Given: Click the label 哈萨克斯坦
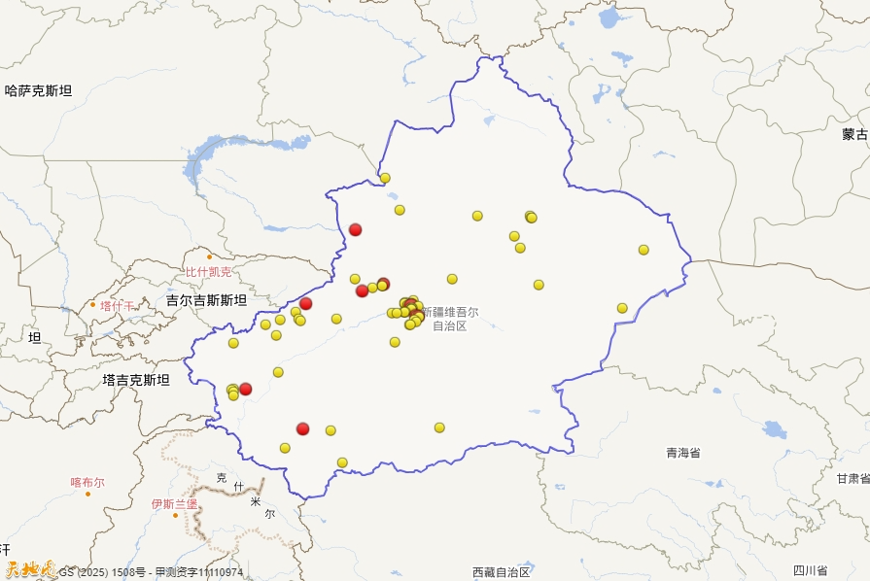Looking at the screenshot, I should (38, 91).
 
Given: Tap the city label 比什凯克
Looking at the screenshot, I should (209, 272).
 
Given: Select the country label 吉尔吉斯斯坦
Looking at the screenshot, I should (206, 300).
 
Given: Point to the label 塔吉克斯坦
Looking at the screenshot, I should (135, 380).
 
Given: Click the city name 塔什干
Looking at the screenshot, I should (118, 306).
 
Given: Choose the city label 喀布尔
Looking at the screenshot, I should (87, 482).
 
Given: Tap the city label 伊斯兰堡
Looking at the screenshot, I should (174, 504).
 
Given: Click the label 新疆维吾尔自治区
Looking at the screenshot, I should (450, 319).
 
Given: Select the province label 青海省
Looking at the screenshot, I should (682, 453).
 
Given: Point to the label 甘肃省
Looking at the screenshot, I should (853, 478).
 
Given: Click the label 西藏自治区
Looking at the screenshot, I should (501, 571).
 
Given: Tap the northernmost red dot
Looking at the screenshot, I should (356, 229).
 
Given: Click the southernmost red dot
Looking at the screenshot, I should (303, 428).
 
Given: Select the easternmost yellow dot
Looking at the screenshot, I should (644, 250).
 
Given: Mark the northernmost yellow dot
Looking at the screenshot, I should (385, 178).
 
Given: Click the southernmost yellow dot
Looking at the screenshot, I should (342, 462).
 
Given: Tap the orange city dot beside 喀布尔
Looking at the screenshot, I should (87, 494).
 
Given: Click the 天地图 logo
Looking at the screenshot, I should (29, 570).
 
